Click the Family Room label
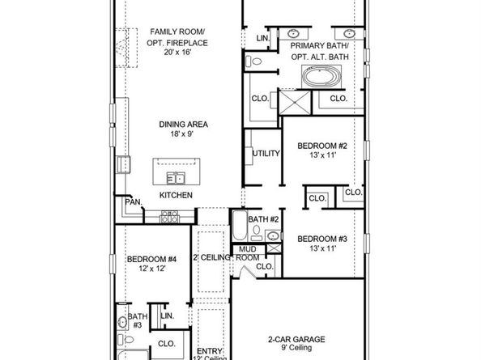click(176, 32)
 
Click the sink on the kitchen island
click(175, 178)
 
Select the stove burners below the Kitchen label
click(170, 216)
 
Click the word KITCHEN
click(176, 196)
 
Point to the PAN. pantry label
click(133, 201)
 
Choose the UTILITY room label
click(266, 153)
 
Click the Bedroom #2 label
click(321, 146)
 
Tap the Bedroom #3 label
click(321, 239)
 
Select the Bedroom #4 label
click(147, 260)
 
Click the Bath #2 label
click(263, 219)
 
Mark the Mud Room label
click(247, 253)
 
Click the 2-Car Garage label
click(298, 340)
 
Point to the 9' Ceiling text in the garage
click(298, 350)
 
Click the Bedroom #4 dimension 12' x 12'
click(147, 270)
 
